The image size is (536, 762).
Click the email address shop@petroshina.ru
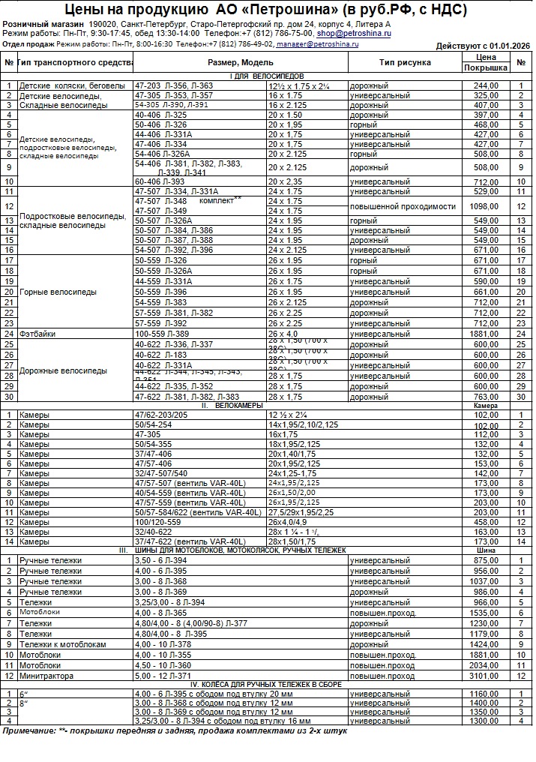click(x=354, y=34)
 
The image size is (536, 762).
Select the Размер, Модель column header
click(x=241, y=62)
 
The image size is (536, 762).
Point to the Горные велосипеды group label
click(x=58, y=292)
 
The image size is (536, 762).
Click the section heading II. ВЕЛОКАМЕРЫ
click(x=232, y=405)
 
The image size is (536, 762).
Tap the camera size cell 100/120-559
click(x=157, y=521)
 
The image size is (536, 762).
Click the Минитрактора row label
click(x=46, y=676)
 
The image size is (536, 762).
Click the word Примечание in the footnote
click(x=29, y=730)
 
